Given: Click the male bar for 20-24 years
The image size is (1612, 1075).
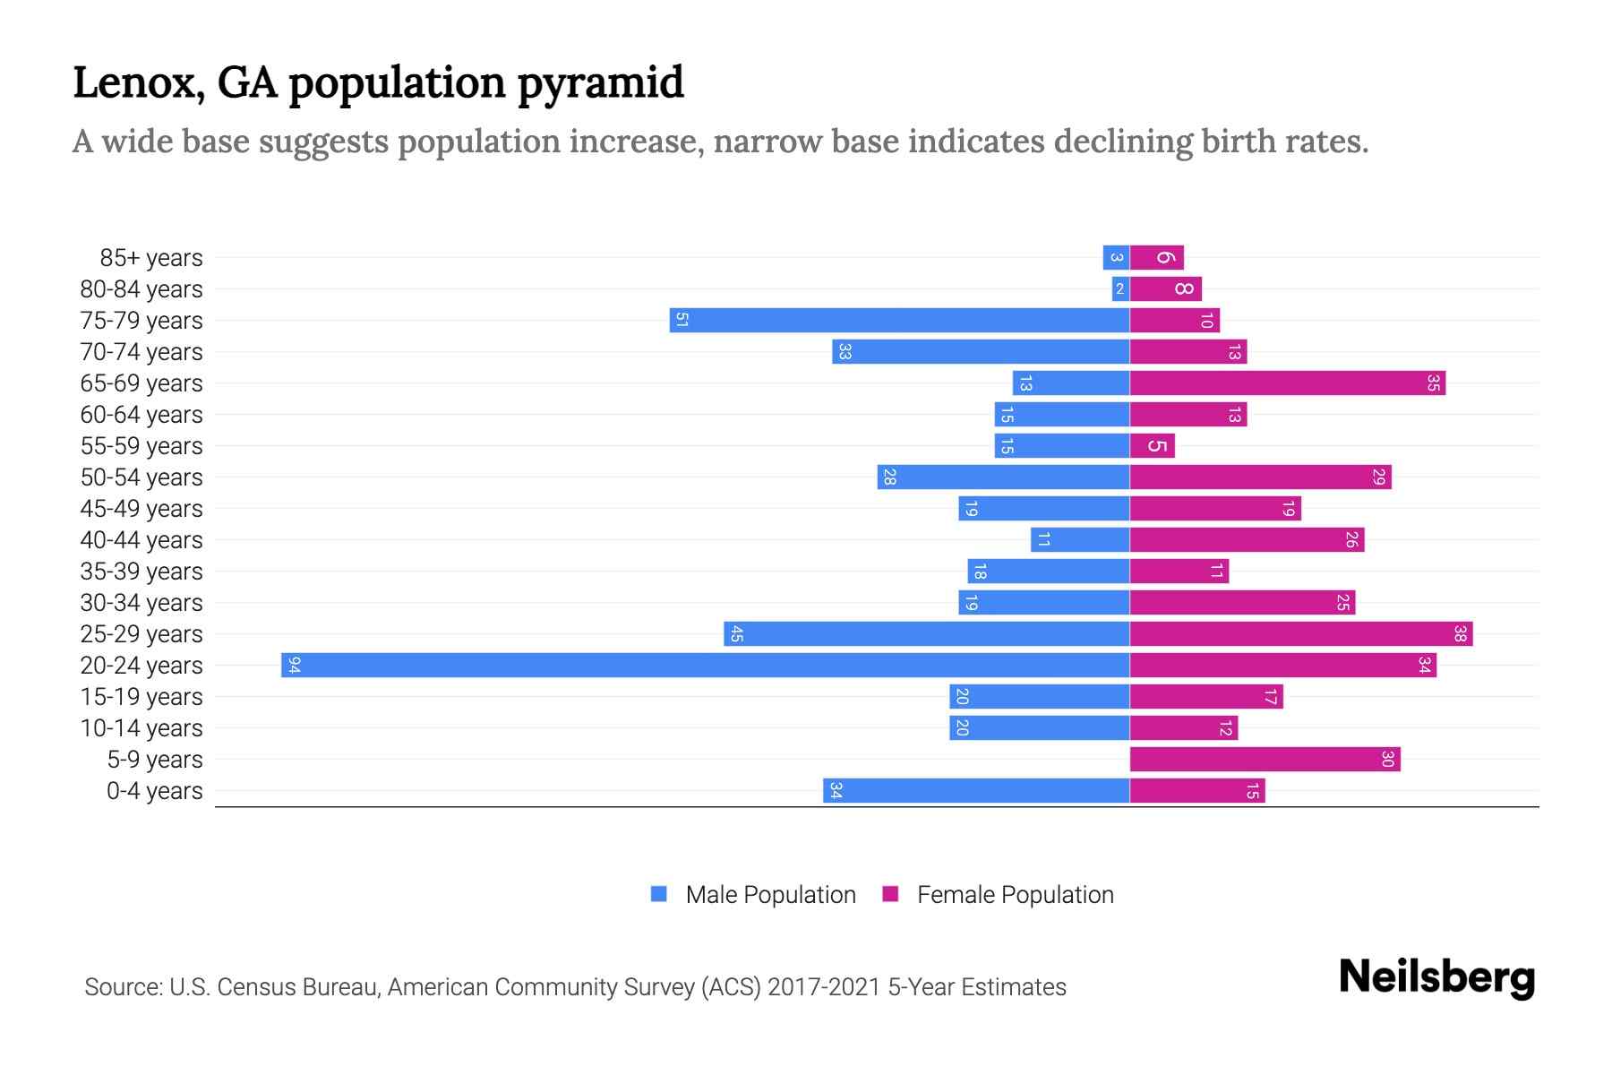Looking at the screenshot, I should coord(705,665).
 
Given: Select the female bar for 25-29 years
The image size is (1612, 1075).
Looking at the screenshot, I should coord(1300,633).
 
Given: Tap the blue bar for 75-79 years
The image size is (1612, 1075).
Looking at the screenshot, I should coord(899,320).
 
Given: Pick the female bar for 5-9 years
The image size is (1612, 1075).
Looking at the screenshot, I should coord(1265,759).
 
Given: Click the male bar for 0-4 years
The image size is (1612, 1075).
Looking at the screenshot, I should coord(976,790).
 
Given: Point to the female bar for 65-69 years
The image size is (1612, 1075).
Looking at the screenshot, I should coord(1287,383).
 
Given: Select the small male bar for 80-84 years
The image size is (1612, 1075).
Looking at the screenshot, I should coord(1120,288).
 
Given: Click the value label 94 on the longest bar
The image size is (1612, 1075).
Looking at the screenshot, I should coord(294,665).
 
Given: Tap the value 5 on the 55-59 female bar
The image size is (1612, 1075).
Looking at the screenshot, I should coord(1157,445).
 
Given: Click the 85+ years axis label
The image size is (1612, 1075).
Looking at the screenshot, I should coord(151,258).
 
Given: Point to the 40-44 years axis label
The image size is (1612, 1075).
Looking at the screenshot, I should coord(141,540).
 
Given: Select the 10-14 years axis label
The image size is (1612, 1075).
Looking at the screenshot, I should coord(141,728).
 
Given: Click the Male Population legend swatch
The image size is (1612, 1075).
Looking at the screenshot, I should coord(659,894).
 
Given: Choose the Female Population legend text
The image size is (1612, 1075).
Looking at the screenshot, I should coord(1015,894).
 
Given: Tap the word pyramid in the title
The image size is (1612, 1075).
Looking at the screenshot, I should coord(600,82).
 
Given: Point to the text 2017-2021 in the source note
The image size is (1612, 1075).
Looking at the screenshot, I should coord(824,987).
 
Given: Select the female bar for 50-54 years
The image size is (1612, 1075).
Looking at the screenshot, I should coord(1260,477).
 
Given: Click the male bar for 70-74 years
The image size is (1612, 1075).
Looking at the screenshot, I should coord(981,351).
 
